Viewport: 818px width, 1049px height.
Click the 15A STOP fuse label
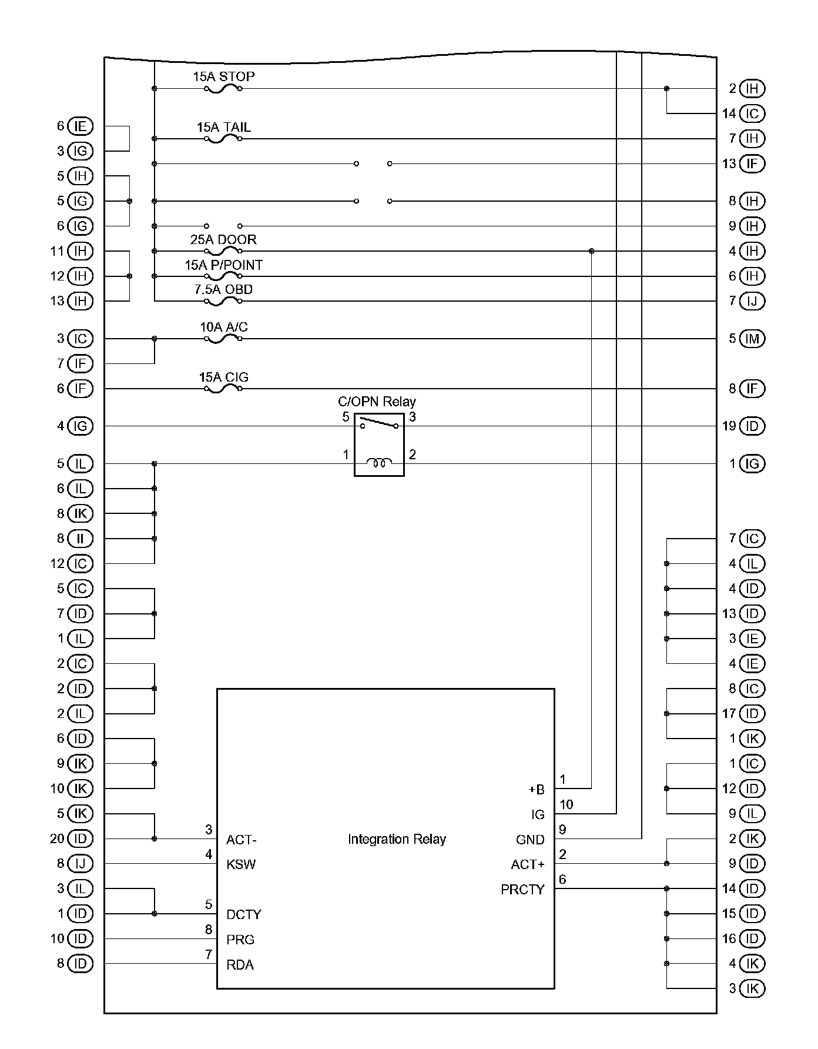click(224, 76)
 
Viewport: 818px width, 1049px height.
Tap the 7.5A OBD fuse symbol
click(223, 302)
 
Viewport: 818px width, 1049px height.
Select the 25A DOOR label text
click(223, 240)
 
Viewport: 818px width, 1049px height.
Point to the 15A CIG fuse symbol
click(223, 389)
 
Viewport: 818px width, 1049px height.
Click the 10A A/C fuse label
click(224, 327)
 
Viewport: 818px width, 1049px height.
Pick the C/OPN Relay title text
click(377, 402)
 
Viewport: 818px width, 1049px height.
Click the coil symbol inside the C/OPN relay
click(379, 463)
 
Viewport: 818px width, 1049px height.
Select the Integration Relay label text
click(397, 839)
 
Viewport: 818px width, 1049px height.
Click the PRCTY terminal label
click(522, 890)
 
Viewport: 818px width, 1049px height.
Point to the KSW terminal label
click(241, 864)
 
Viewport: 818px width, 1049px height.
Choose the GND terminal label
click(530, 840)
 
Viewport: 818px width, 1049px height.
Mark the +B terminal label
click(537, 790)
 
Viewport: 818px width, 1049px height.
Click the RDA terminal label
click(240, 965)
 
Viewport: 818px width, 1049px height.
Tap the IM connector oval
click(752, 339)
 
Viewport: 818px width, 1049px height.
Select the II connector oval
click(81, 539)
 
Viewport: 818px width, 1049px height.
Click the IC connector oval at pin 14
click(752, 113)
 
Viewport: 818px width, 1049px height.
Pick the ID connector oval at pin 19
click(752, 426)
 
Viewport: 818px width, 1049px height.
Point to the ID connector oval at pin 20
click(81, 838)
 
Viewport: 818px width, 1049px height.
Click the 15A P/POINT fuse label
click(224, 265)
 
